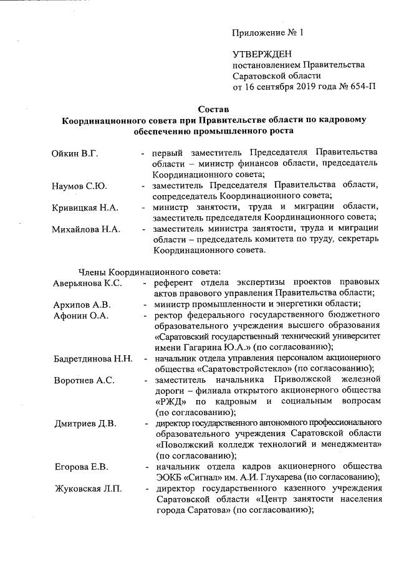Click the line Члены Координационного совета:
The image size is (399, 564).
[148, 272]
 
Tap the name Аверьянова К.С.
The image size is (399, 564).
[87, 283]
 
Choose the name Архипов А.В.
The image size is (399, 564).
[81, 305]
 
